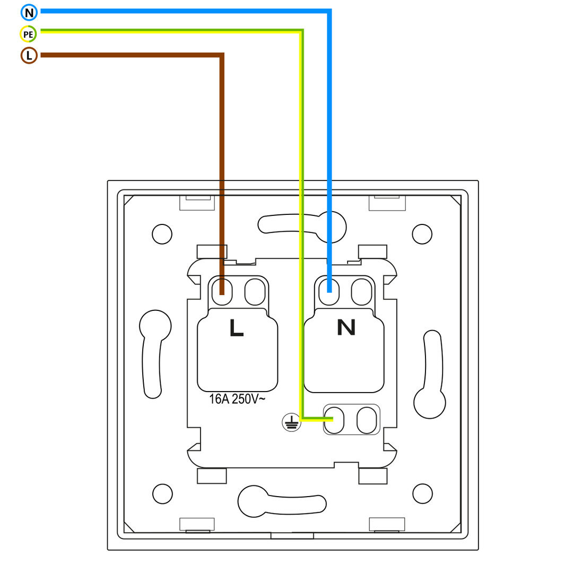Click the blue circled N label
coord(29,13)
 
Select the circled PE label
coord(28,34)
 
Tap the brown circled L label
coord(29,56)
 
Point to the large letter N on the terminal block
coord(346,327)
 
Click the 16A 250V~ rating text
coord(237,398)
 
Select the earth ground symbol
coord(291,422)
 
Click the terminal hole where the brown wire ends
coord(222,292)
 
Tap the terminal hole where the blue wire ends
coord(329,292)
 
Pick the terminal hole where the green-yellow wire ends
coord(334,420)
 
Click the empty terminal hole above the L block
coord(255,292)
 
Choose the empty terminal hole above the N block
coord(361,292)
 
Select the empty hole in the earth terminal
coord(367,420)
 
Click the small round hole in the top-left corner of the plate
coord(162,234)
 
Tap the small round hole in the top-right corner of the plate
coord(422,234)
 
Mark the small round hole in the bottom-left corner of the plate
coord(162,494)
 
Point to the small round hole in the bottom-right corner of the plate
coord(422,494)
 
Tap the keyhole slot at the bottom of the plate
coord(282,501)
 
